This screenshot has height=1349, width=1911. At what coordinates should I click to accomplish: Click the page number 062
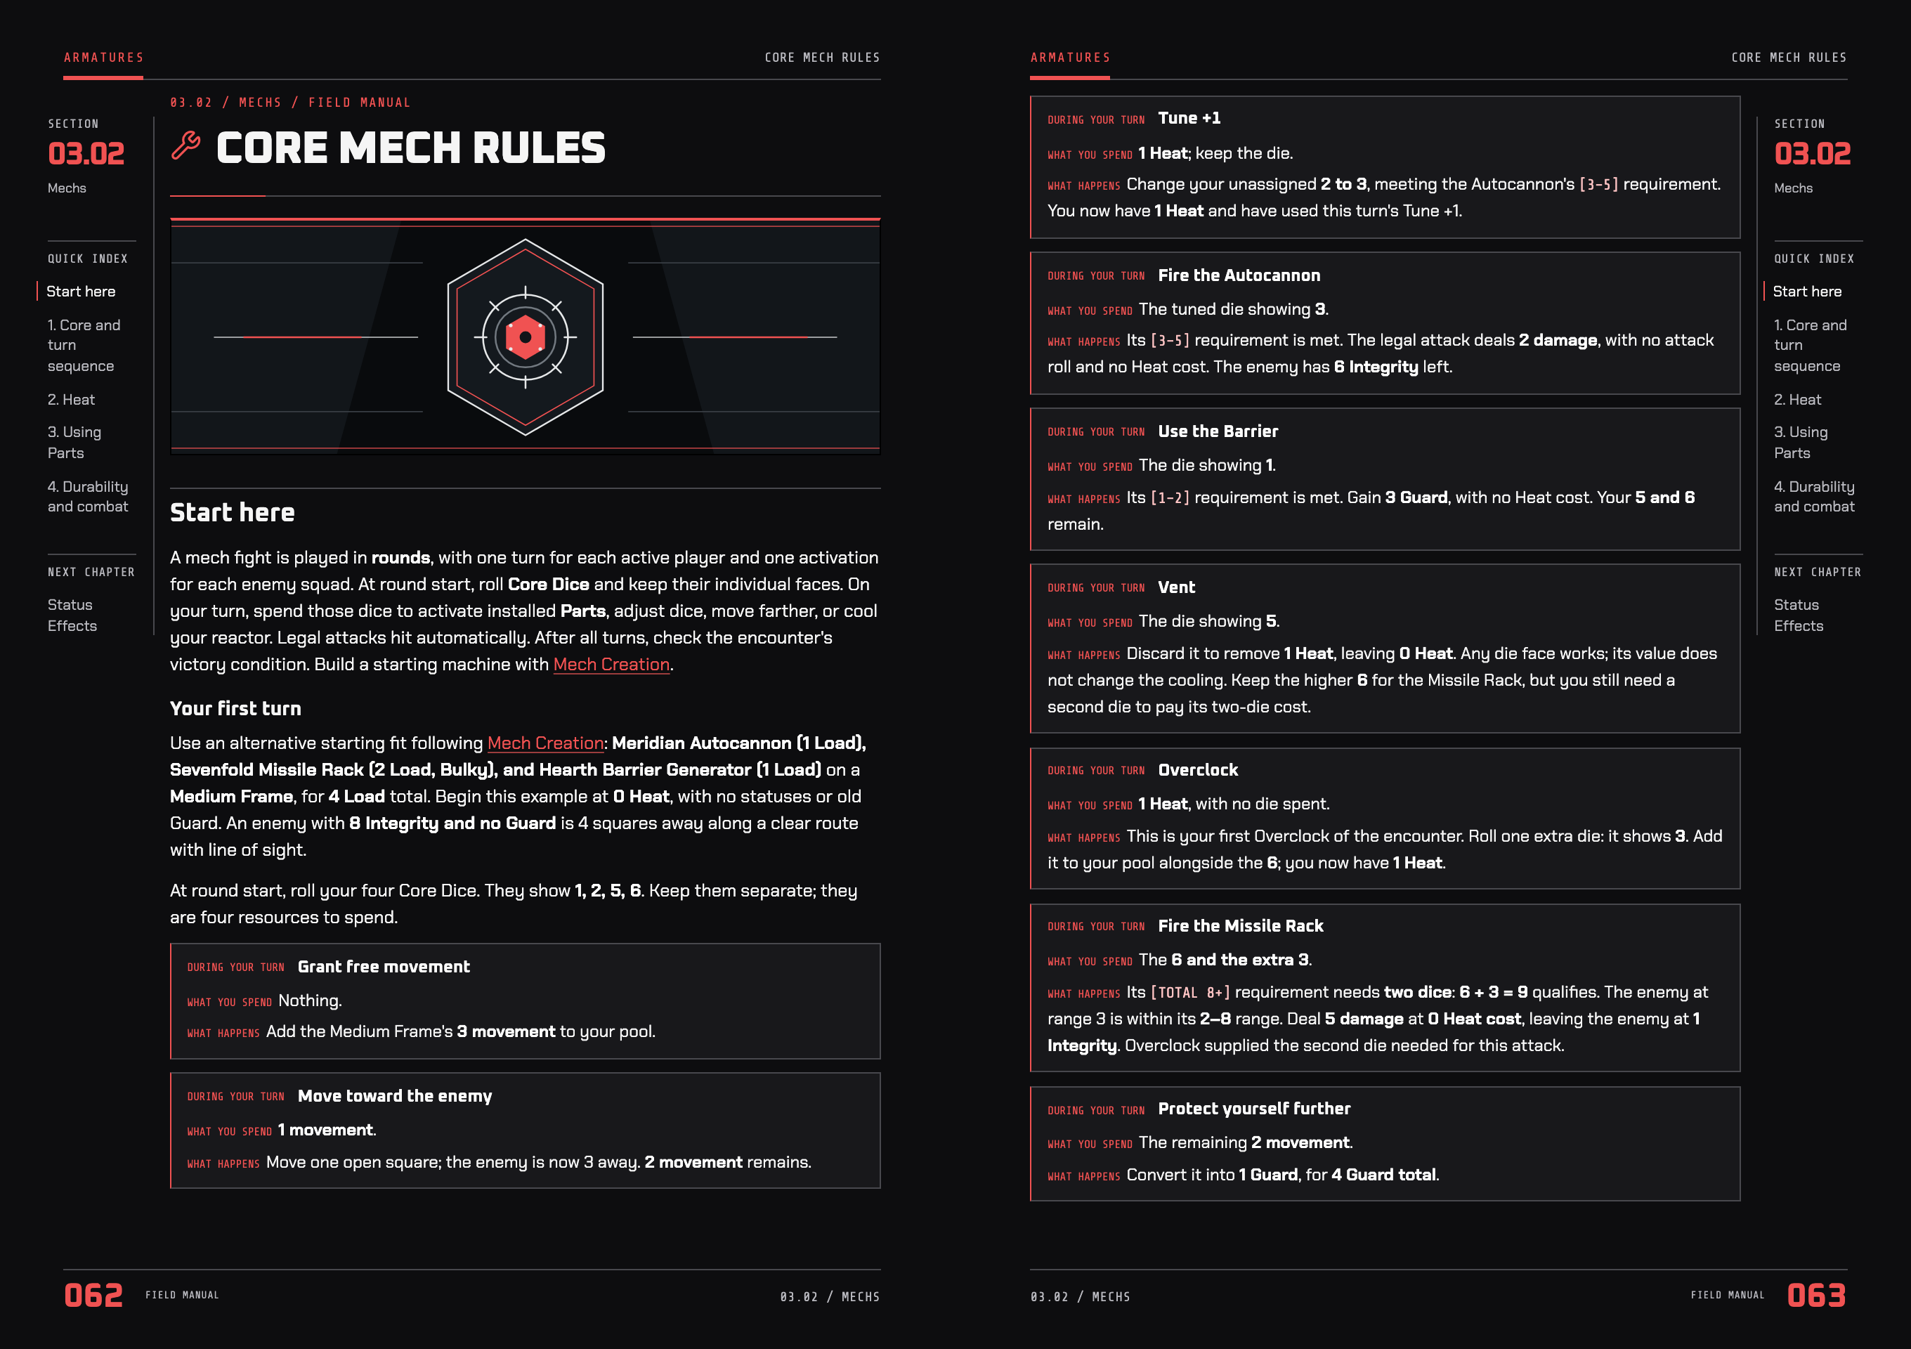click(x=94, y=1295)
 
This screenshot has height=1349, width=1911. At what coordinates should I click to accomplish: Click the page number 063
click(x=1816, y=1295)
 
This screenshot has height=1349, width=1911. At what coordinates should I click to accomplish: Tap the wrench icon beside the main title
click(x=185, y=145)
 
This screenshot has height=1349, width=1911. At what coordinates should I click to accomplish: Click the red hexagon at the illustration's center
click(x=526, y=337)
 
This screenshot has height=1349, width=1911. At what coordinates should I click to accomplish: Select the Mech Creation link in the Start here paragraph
click(x=612, y=664)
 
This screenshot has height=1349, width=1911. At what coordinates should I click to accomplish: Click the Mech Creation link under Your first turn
click(x=546, y=743)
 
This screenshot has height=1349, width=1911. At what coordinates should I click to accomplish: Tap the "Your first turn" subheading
click(x=235, y=708)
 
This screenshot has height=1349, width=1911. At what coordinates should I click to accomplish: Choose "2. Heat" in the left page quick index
click(x=72, y=400)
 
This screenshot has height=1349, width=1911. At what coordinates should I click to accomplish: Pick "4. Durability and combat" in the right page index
click(x=1815, y=496)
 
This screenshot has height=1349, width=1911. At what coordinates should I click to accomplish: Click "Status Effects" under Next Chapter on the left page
click(x=72, y=615)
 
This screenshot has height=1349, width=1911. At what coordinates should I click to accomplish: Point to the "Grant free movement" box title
click(x=384, y=966)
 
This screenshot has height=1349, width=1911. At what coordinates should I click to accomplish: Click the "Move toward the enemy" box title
click(x=395, y=1096)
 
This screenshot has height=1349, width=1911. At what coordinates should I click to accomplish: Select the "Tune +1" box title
click(x=1189, y=118)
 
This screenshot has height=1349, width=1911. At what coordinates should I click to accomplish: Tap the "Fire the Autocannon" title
click(x=1239, y=275)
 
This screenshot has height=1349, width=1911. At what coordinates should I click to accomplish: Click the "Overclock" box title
click(x=1199, y=770)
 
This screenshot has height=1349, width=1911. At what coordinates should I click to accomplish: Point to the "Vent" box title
click(x=1177, y=587)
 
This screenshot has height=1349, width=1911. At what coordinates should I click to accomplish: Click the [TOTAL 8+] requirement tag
click(x=1190, y=992)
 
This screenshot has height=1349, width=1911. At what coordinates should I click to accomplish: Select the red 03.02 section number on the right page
click(x=1813, y=153)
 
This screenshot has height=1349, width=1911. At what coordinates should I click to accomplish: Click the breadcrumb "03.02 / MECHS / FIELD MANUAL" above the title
click(x=290, y=103)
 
